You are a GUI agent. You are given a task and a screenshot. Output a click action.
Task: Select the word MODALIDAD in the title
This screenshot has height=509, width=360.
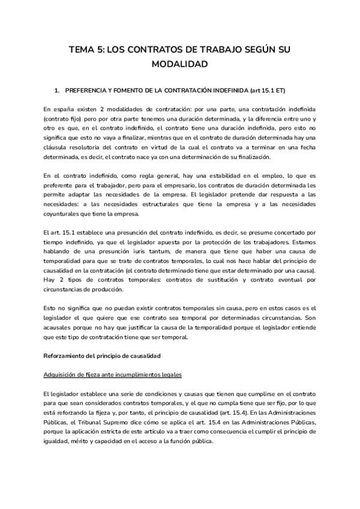click(x=179, y=64)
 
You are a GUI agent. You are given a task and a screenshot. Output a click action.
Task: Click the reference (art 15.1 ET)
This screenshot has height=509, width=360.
click(x=268, y=91)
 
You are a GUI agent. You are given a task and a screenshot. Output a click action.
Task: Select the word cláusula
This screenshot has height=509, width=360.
click(x=56, y=148)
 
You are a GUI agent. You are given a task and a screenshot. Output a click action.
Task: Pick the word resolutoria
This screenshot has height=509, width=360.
click(x=90, y=148)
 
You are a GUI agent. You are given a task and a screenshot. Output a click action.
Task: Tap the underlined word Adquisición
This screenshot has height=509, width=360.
click(x=62, y=375)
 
